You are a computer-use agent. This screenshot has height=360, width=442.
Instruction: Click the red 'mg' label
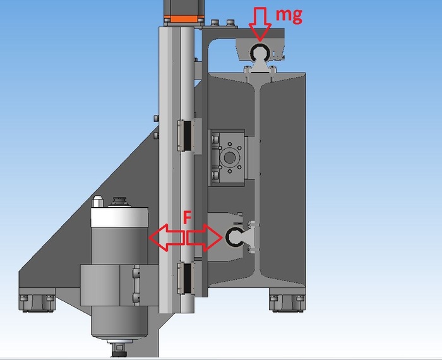click(289, 15)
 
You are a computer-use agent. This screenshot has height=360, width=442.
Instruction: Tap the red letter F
click(187, 217)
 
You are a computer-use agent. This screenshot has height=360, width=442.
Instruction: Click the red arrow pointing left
click(166, 237)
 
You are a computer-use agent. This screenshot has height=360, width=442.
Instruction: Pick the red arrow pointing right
click(205, 237)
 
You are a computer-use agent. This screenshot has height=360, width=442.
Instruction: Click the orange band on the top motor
click(184, 19)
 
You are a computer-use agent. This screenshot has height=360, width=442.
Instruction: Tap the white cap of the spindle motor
click(119, 217)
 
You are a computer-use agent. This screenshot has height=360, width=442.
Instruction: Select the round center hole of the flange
click(229, 158)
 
